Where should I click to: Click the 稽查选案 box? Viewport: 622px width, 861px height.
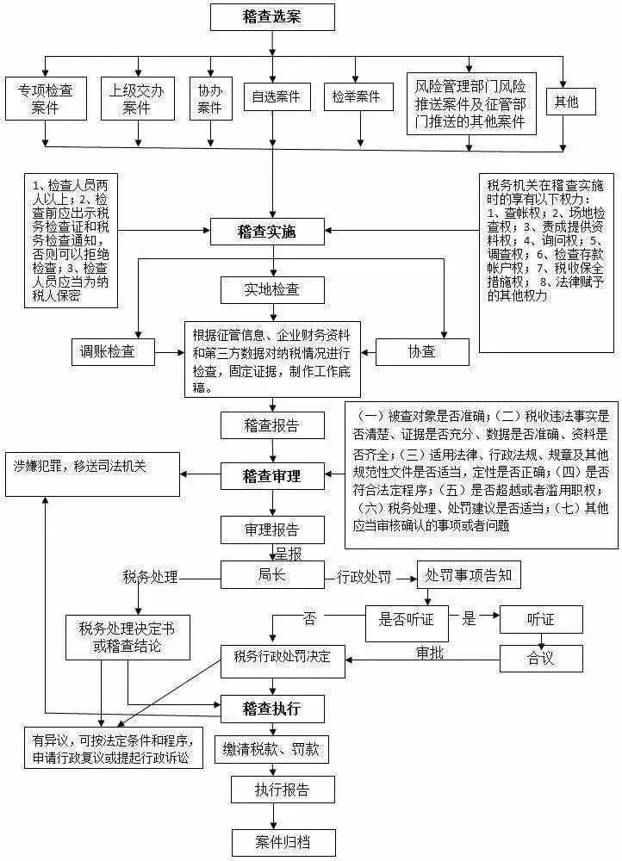pos(272,16)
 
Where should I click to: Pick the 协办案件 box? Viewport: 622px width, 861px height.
pos(209,98)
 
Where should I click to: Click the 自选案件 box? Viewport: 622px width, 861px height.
pos(276,97)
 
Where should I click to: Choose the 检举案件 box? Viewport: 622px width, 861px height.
pos(356,97)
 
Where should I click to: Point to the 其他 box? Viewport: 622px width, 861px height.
pos(566,102)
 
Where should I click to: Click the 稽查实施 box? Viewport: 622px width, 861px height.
pos(268,231)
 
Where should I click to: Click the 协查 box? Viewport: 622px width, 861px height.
pos(422,350)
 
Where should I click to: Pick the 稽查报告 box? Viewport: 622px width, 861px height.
pos(271,424)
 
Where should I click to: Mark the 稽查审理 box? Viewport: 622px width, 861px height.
pos(271,474)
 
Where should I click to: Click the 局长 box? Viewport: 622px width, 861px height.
pos(271,575)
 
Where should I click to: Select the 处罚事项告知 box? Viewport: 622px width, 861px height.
pos(469,575)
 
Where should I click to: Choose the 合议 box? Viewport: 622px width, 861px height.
pos(541,658)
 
